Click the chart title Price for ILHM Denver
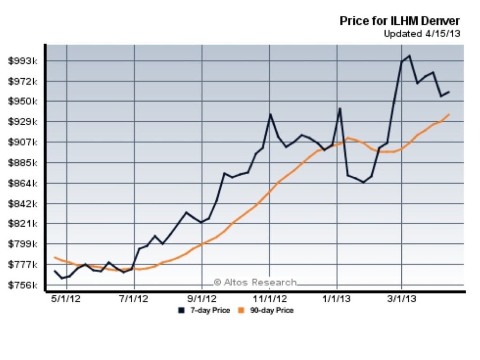[399, 21]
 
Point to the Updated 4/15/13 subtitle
[421, 34]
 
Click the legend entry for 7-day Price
[204, 310]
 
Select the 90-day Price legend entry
[266, 310]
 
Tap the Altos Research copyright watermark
[255, 282]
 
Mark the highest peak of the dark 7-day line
[410, 56]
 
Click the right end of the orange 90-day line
[450, 114]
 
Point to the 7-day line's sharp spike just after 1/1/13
[340, 108]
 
